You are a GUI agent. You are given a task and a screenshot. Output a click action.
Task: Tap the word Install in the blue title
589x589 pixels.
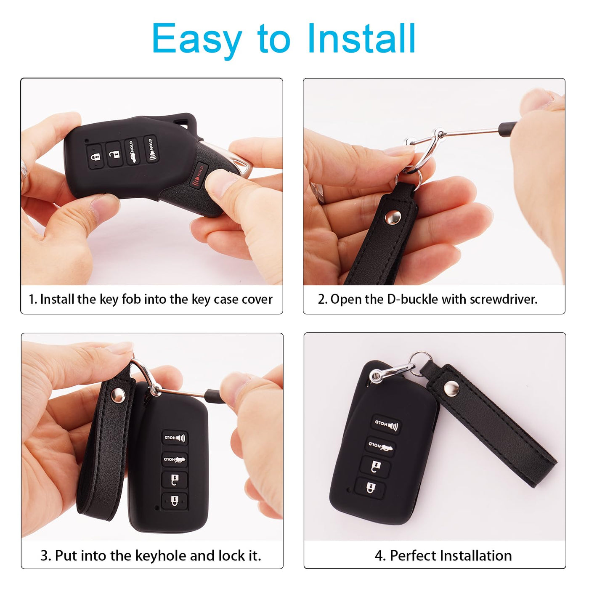(361, 39)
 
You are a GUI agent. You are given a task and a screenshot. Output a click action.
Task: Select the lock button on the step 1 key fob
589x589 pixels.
(94, 156)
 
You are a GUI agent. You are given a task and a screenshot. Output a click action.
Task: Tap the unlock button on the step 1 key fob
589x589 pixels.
(114, 154)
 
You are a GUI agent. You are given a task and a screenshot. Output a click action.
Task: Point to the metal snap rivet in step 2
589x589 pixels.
(393, 218)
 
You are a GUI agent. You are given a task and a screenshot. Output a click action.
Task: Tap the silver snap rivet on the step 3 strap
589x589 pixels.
(118, 395)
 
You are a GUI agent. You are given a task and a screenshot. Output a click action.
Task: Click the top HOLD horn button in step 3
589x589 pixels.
(175, 438)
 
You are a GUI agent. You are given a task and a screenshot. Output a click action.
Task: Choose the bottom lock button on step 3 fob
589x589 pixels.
(174, 501)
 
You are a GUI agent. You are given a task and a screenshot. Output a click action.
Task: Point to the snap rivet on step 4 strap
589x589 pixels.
(451, 389)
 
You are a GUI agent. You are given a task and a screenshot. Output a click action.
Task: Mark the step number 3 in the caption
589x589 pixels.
(45, 556)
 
